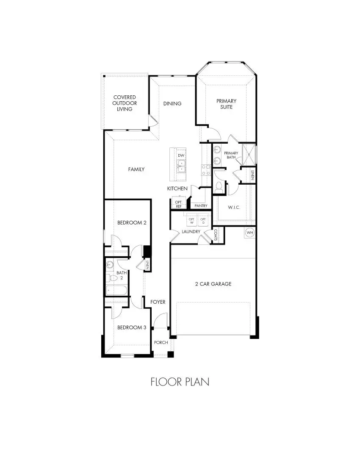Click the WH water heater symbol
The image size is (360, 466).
click(x=249, y=233)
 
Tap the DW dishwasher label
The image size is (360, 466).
click(x=181, y=156)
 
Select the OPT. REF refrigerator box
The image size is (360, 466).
click(x=179, y=204)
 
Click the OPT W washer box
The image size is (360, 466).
click(x=191, y=221)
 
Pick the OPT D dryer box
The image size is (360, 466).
click(x=203, y=221)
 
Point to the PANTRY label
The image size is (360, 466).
click(x=201, y=206)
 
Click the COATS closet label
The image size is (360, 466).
click(x=216, y=235)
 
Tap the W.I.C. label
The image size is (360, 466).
click(x=234, y=208)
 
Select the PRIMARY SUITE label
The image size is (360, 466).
click(x=226, y=104)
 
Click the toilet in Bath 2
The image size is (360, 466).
click(x=108, y=278)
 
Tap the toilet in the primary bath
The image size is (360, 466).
click(x=219, y=186)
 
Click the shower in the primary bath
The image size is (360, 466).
click(x=249, y=154)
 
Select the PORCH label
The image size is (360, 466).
click(x=161, y=342)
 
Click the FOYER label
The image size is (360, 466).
click(x=158, y=302)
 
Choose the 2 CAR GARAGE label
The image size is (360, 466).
click(x=213, y=284)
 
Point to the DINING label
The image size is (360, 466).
click(x=172, y=103)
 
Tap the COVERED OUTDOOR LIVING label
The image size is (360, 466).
click(x=125, y=103)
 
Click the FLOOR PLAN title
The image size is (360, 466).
click(x=180, y=382)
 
